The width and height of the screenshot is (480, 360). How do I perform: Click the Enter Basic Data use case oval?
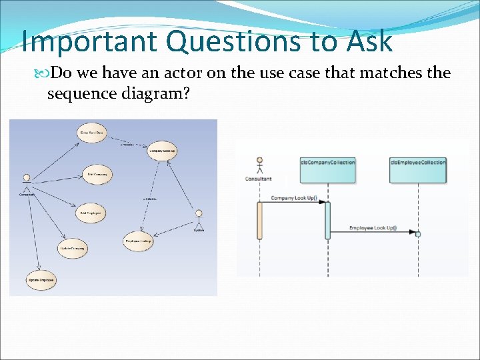92,133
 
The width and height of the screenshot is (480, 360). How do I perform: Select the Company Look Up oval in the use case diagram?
162,151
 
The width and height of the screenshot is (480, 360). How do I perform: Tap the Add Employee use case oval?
91,213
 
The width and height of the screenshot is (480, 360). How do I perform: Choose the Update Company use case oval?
73,248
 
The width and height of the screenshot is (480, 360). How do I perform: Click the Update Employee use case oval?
41,281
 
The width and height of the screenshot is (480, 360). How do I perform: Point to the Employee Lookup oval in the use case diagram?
139,241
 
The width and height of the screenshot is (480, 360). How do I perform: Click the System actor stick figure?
199,219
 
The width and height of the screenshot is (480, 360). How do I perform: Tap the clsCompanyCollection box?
327,170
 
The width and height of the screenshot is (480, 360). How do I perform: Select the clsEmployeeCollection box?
418,170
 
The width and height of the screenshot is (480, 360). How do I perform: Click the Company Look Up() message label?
294,198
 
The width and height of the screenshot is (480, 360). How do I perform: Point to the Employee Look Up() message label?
373,229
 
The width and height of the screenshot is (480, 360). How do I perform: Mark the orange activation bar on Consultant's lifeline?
259,220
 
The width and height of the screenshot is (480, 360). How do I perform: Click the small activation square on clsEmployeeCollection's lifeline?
418,234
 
